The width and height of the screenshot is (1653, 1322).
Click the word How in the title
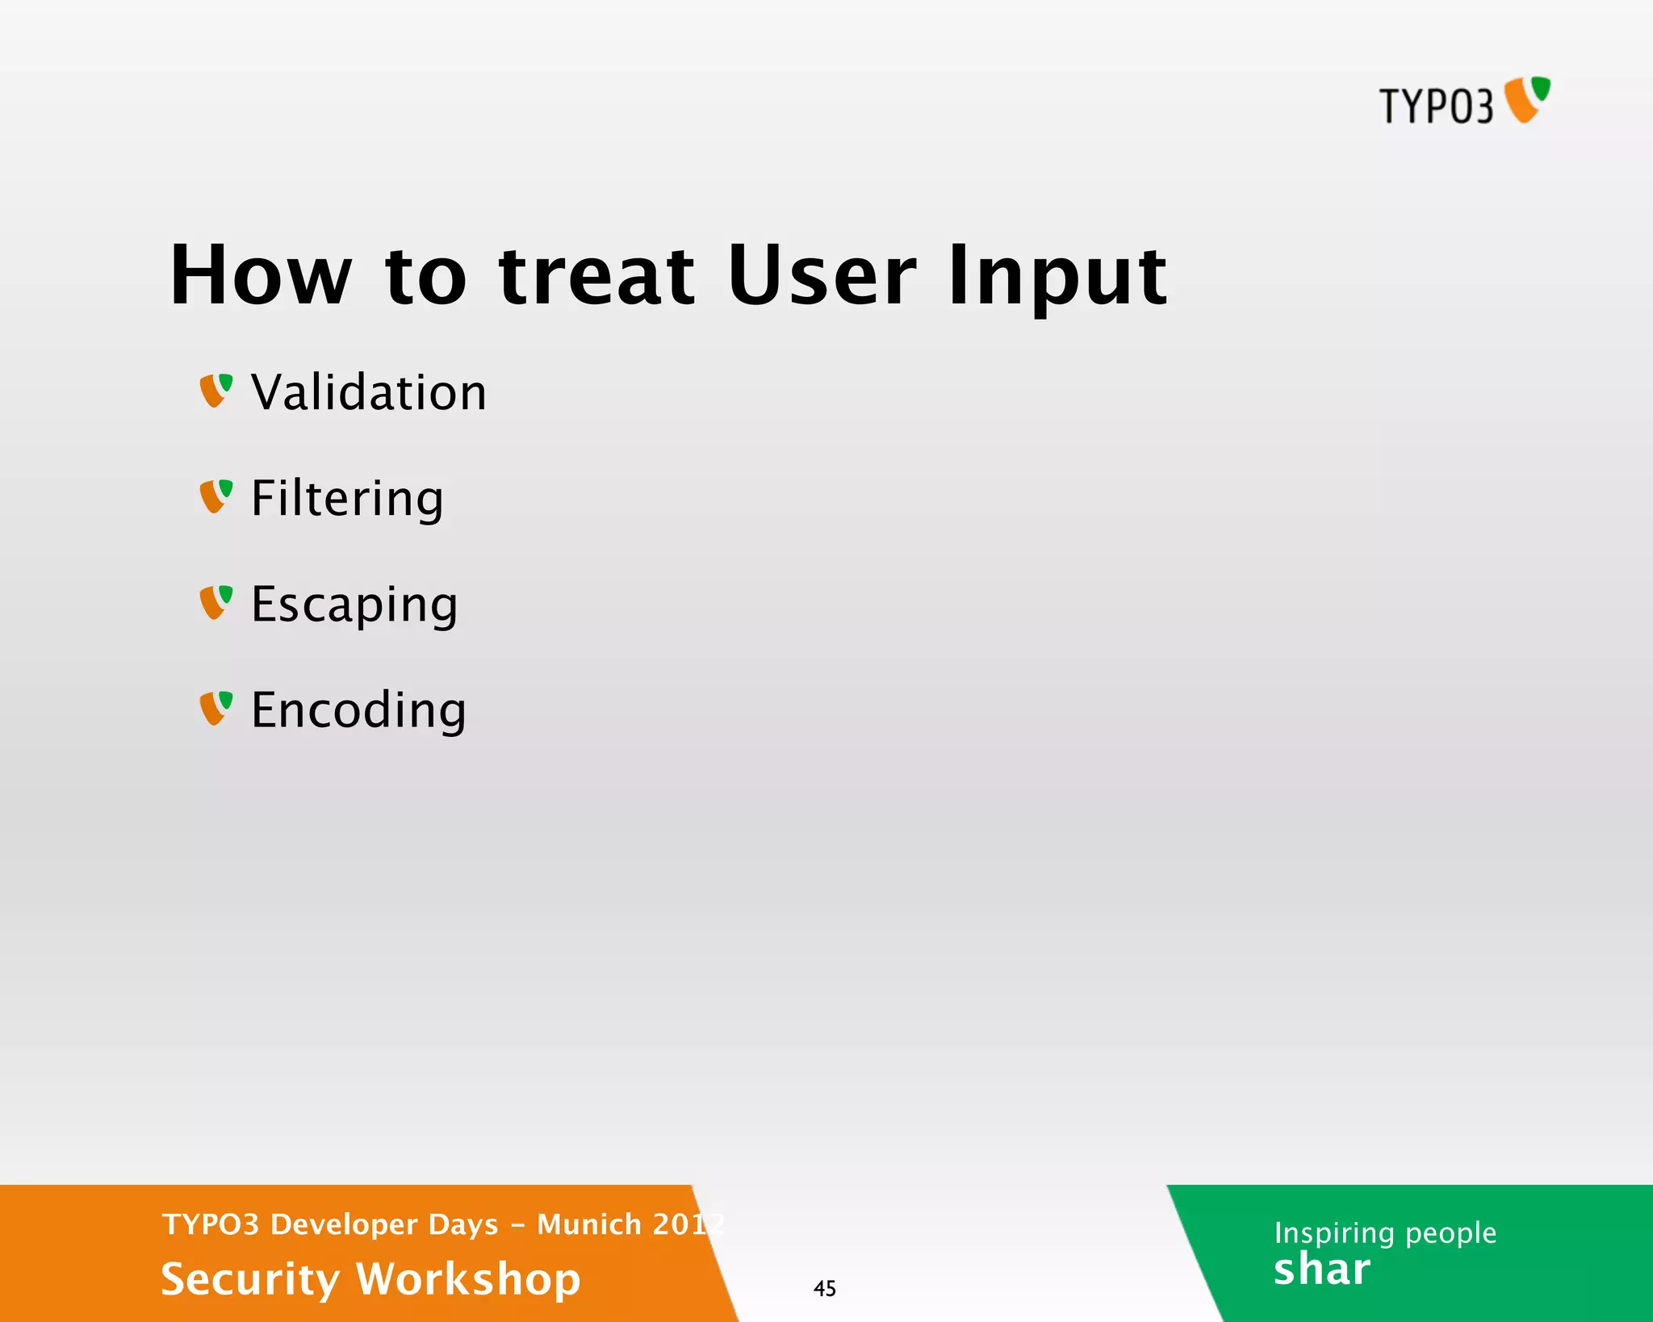(x=261, y=276)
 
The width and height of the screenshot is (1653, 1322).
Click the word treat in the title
(x=596, y=276)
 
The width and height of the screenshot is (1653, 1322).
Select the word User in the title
(x=821, y=276)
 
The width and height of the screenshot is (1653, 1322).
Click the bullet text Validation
(x=369, y=393)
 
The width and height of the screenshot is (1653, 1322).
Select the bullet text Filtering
(x=347, y=499)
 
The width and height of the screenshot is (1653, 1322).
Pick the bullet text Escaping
(x=354, y=605)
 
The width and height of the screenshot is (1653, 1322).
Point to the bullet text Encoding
(x=358, y=710)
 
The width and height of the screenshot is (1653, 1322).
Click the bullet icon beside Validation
(x=216, y=391)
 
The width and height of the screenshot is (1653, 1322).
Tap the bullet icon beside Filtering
(x=216, y=496)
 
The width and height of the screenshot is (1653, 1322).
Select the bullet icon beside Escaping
(x=216, y=602)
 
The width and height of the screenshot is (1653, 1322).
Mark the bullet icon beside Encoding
(x=216, y=708)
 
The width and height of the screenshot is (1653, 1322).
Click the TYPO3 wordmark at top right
(x=1436, y=106)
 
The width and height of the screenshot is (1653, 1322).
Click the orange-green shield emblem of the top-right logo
(x=1527, y=99)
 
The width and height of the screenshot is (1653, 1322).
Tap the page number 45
(x=824, y=1288)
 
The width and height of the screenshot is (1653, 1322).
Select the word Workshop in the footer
(x=468, y=1280)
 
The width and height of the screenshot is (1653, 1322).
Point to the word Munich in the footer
(x=589, y=1224)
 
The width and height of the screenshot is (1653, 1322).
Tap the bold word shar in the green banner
(x=1321, y=1270)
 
